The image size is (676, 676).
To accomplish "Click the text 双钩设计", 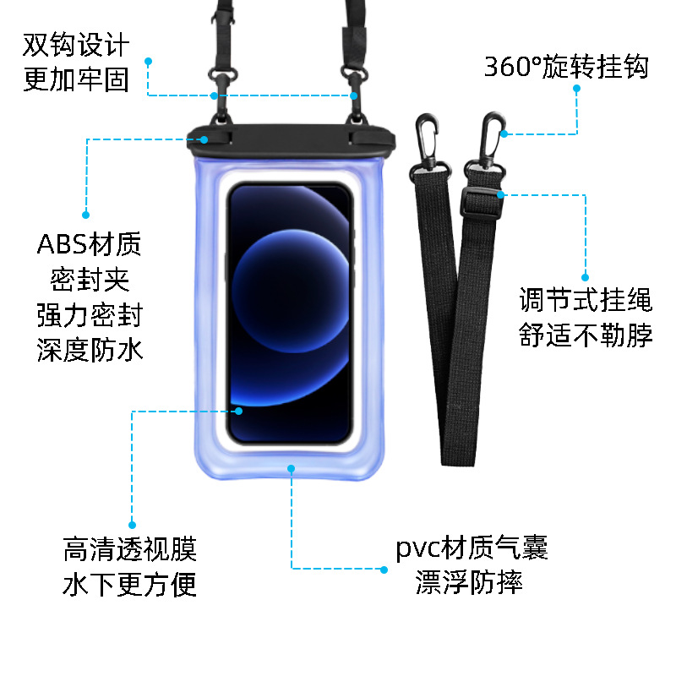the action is pyautogui.click(x=76, y=45).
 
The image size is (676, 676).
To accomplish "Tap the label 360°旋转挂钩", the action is pyautogui.click(x=566, y=67).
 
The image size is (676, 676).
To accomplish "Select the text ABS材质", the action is pyautogui.click(x=90, y=245).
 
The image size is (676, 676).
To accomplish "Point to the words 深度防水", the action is pyautogui.click(x=90, y=350).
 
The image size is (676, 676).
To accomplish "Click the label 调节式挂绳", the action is pyautogui.click(x=586, y=301).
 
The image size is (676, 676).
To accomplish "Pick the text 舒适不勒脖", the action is pyautogui.click(x=586, y=336).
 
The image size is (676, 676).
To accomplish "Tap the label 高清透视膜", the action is pyautogui.click(x=129, y=550).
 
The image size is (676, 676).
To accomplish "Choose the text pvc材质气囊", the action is pyautogui.click(x=472, y=548).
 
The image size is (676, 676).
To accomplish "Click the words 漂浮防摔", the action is pyautogui.click(x=469, y=582).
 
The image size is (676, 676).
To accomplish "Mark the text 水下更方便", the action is pyautogui.click(x=129, y=585).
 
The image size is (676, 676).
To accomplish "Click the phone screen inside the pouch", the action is pyautogui.click(x=289, y=313).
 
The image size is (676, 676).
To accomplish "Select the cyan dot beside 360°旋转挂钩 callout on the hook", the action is pyautogui.click(x=504, y=134).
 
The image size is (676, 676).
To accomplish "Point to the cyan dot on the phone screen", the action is pyautogui.click(x=239, y=412).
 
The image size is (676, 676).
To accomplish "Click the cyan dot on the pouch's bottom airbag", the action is pyautogui.click(x=292, y=466).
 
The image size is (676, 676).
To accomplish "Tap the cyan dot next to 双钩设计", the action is pyautogui.click(x=148, y=61).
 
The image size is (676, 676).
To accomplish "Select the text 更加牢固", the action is pyautogui.click(x=76, y=79).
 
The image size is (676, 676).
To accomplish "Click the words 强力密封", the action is pyautogui.click(x=90, y=315).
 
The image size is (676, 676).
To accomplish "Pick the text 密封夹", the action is pyautogui.click(x=90, y=280).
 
